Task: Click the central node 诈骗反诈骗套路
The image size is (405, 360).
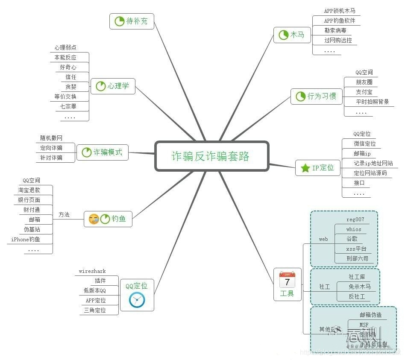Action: (211, 156)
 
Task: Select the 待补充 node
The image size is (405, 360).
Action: (132, 21)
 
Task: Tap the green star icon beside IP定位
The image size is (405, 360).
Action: (305, 168)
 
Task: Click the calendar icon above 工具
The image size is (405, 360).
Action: (287, 280)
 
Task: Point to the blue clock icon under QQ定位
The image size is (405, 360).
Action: (137, 300)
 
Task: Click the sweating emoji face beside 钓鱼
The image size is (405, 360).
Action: (94, 219)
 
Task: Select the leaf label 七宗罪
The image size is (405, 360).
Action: (66, 106)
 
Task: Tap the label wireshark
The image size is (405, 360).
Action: (92, 271)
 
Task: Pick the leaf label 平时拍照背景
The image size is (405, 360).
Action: (373, 102)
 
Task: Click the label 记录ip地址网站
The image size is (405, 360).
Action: (373, 164)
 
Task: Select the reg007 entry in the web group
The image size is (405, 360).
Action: (355, 220)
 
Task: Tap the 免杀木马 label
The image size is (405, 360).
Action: (360, 287)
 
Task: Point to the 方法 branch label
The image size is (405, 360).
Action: (64, 215)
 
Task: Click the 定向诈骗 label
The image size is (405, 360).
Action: (51, 148)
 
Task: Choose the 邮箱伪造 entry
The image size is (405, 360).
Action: (370, 315)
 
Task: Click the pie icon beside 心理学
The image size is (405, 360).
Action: (100, 86)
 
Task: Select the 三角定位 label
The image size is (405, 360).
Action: (95, 310)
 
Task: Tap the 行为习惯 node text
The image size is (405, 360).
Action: (322, 96)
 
